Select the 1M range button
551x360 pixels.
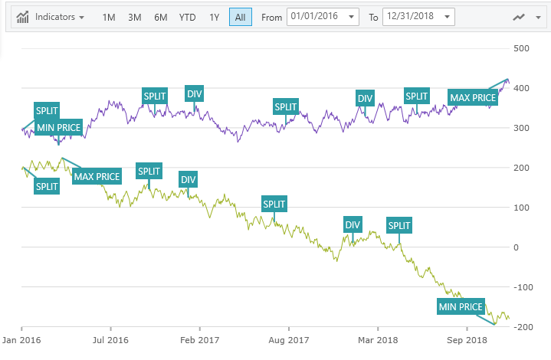[109, 17]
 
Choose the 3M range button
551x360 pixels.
[135, 17]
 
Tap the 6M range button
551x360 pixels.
[160, 17]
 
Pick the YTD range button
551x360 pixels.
[187, 17]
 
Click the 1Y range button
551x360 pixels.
[214, 17]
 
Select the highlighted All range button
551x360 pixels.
[240, 17]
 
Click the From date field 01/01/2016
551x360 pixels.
[323, 17]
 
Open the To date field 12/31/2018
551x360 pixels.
[418, 17]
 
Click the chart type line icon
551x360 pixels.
[520, 17]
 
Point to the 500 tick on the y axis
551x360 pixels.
[522, 48]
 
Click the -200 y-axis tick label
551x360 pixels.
[522, 327]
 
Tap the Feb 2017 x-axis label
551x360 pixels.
[200, 339]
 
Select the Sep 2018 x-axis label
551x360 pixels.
[467, 339]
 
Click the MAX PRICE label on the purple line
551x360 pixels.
[473, 98]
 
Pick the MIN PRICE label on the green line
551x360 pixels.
[461, 307]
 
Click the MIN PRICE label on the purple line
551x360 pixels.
[58, 127]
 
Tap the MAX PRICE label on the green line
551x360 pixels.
[97, 177]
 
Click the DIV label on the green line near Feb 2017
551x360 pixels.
[188, 180]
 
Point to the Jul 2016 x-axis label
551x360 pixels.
[110, 339]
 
